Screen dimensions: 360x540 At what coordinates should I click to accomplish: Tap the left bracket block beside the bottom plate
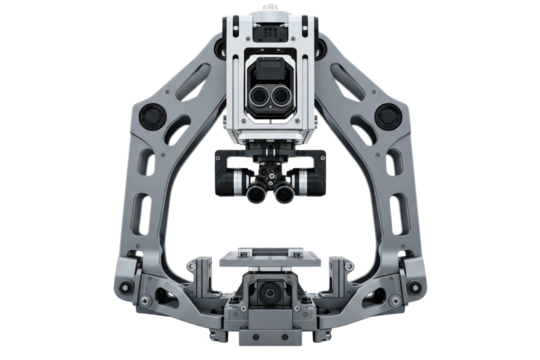pyautogui.click(x=203, y=270)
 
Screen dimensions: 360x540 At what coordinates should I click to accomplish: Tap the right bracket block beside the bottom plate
pyautogui.click(x=338, y=270)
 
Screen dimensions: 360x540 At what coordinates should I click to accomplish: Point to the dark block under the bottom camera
pyautogui.click(x=270, y=322)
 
